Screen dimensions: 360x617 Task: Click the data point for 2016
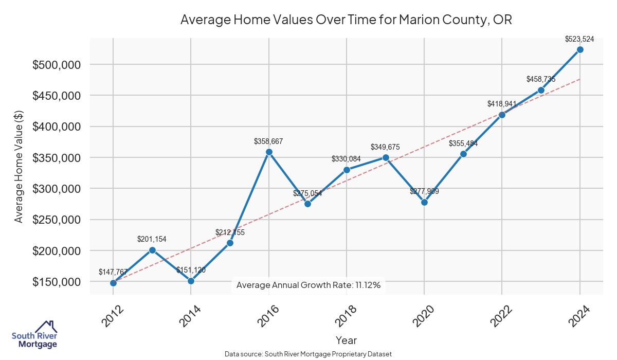click(268, 152)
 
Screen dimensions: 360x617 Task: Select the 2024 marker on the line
click(580, 49)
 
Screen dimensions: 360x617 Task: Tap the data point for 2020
click(424, 202)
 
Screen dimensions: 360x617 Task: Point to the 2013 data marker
click(152, 250)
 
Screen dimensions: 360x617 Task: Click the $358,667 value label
click(268, 141)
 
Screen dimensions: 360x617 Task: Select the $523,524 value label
click(579, 39)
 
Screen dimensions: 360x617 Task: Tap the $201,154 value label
click(152, 239)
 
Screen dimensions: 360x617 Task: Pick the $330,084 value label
click(346, 159)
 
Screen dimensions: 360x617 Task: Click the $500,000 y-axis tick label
click(56, 65)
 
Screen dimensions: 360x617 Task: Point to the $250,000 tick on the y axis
click(56, 220)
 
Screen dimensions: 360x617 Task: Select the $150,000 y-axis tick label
click(56, 282)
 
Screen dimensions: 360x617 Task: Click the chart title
click(346, 20)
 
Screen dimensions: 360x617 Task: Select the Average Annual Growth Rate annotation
click(308, 285)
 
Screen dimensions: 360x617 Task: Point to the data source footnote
click(308, 354)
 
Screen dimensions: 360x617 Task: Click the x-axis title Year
click(346, 340)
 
